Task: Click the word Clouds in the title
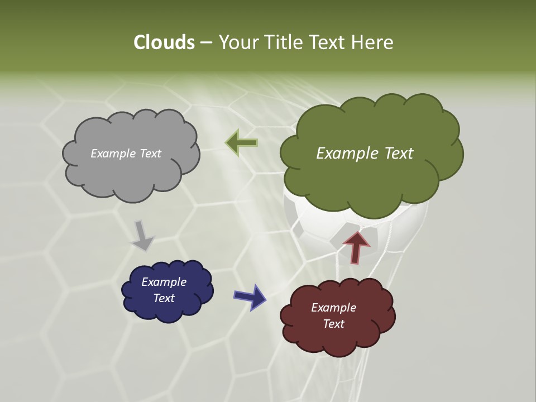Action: point(164,42)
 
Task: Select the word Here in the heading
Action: point(372,42)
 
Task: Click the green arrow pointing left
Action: point(241,143)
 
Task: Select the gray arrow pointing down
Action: point(142,236)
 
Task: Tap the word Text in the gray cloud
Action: point(149,154)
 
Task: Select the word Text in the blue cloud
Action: point(164,298)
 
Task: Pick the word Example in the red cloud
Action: point(333,308)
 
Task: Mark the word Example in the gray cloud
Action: point(112,154)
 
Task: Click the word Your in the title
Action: point(237,42)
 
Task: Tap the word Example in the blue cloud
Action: point(164,282)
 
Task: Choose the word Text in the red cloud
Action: point(333,324)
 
